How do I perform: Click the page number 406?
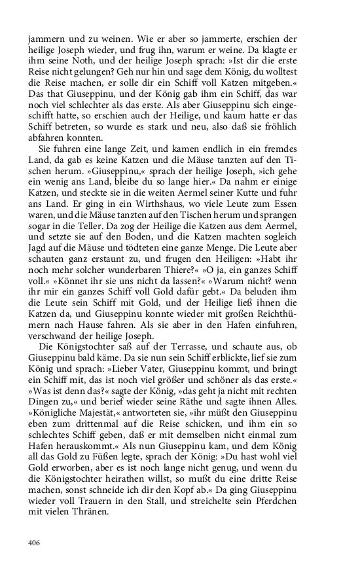[x=35, y=542]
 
